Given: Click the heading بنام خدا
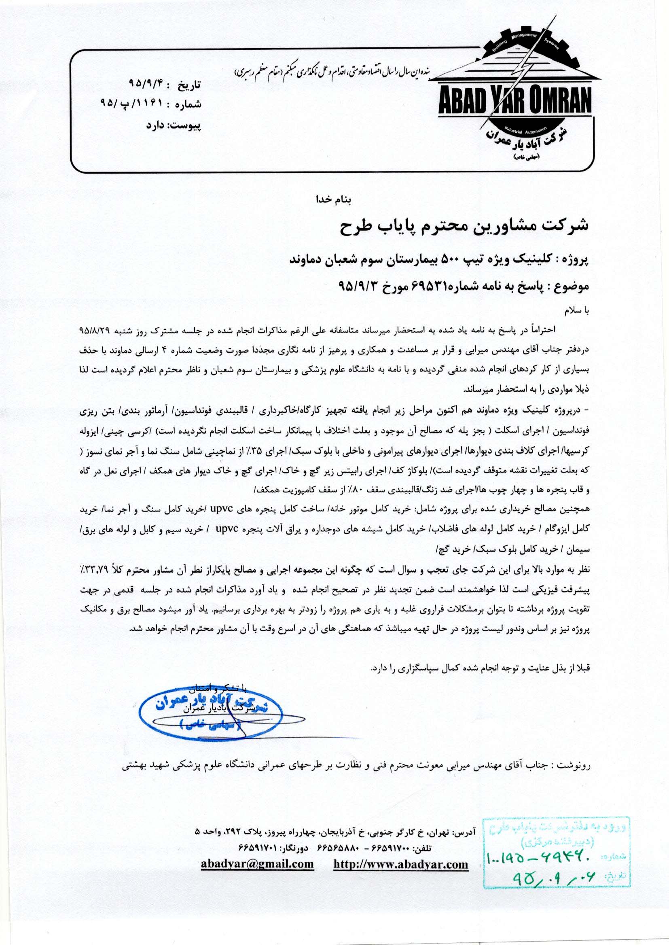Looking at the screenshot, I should pyautogui.click(x=332, y=200).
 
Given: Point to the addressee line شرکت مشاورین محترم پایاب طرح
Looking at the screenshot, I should pyautogui.click(x=464, y=226).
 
